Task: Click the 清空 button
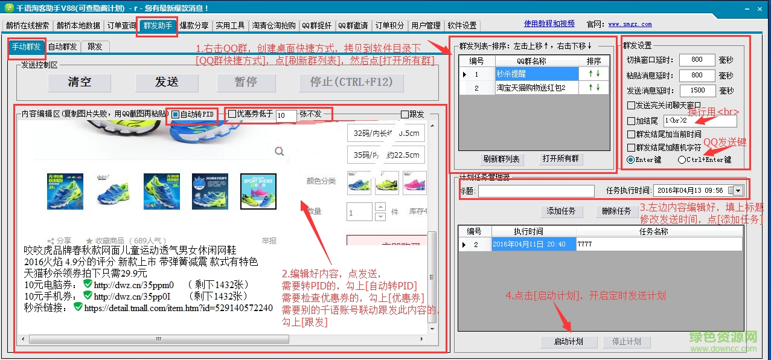coord(80,82)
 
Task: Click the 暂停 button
coord(245,82)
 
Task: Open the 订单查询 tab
coord(121,25)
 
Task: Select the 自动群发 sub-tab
coord(62,47)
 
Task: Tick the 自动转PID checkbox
coord(176,114)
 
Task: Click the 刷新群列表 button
coord(502,159)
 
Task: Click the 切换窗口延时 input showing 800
coord(697,60)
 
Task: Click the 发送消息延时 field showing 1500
coord(697,91)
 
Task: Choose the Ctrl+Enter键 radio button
coord(682,160)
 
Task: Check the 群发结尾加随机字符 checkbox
coord(632,147)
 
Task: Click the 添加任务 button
coord(561,211)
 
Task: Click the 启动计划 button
coord(569,342)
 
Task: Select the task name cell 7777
coord(658,245)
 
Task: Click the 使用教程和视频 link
coord(549,24)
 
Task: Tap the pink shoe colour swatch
coord(413,183)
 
